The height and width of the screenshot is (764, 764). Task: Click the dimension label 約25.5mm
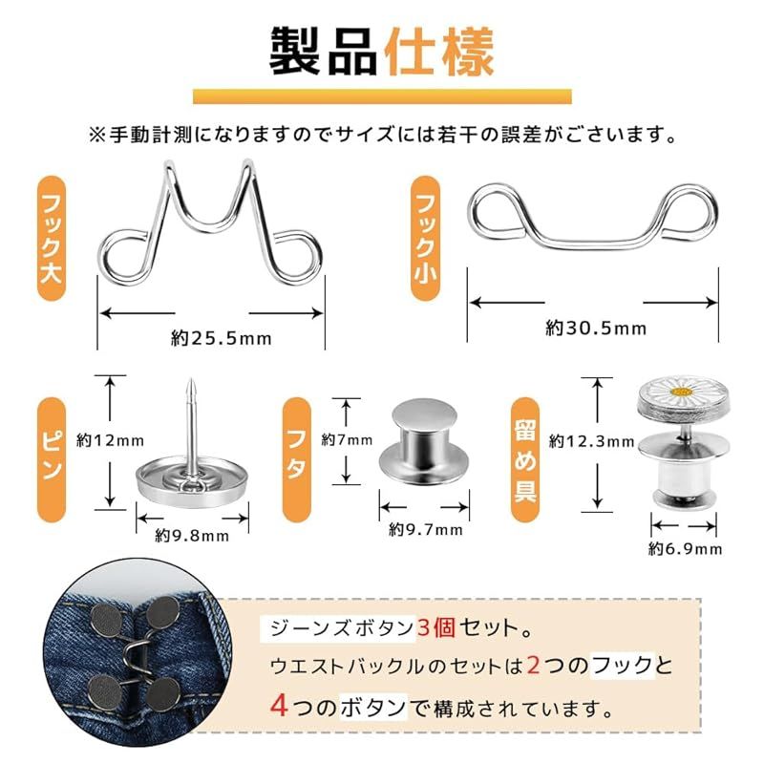point(222,338)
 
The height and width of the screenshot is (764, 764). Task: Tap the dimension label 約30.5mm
point(596,329)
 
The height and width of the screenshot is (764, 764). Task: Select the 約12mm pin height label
point(110,441)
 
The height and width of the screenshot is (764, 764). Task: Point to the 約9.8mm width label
point(192,536)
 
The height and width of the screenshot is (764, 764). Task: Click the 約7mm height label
point(347,440)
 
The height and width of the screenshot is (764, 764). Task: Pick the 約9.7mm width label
point(425,530)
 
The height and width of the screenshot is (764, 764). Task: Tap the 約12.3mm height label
point(591,441)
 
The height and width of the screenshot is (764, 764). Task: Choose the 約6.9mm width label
point(685,549)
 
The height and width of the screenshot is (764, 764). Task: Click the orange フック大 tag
point(52,238)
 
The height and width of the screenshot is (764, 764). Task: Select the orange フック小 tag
point(425,238)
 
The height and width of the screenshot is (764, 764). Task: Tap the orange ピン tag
point(52,459)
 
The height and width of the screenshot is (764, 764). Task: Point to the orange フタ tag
point(297,459)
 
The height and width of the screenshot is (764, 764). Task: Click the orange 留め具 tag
point(524,459)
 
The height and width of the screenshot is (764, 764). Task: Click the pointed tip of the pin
point(190,380)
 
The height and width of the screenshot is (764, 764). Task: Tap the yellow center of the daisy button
point(681,392)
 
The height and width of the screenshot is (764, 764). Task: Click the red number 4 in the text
point(279,705)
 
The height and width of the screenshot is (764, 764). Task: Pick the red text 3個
point(436,627)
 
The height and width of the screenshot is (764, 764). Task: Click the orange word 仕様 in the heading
point(439,53)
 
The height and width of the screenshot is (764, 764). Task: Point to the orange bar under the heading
point(383,96)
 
